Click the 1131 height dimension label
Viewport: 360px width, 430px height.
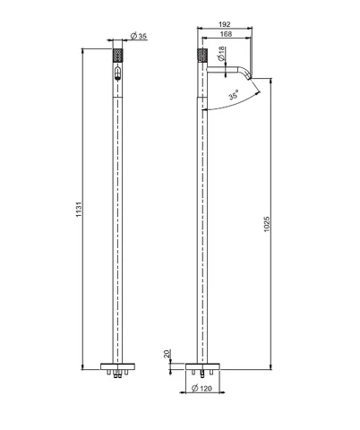coord(79,210)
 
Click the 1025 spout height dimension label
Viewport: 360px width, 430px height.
coord(267,224)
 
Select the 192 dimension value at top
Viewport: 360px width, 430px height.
coord(225,24)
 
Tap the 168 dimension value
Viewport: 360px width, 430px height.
coord(226,34)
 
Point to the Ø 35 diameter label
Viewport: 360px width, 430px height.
coord(139,36)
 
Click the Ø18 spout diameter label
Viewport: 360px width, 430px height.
coord(221,54)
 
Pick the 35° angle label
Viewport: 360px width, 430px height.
coord(234,95)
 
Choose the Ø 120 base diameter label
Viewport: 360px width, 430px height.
coord(201,388)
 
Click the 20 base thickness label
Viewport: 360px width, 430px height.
coord(167,354)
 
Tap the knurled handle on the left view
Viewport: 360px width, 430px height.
coord(117,55)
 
